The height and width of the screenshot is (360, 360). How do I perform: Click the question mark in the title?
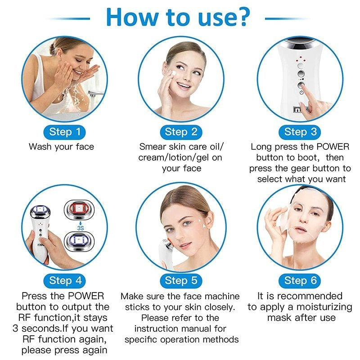(x=241, y=17)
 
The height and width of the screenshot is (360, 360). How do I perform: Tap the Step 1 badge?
(x=64, y=132)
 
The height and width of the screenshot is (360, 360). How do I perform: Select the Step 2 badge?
(x=181, y=132)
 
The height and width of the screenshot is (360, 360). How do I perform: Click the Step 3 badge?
(x=300, y=132)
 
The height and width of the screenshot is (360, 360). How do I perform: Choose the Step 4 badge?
(x=64, y=281)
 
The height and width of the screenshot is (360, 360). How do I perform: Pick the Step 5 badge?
(x=181, y=281)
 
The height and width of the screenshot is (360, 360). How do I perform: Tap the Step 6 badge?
(x=300, y=281)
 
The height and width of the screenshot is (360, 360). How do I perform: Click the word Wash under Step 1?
(x=40, y=147)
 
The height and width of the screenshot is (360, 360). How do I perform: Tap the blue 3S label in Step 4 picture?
(x=81, y=228)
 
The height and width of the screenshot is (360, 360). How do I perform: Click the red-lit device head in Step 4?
(x=79, y=209)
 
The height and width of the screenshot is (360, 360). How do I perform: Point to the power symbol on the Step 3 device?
(x=301, y=92)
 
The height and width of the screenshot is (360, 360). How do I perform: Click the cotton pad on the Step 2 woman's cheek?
(x=173, y=73)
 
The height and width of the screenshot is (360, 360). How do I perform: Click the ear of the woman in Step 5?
(x=210, y=221)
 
